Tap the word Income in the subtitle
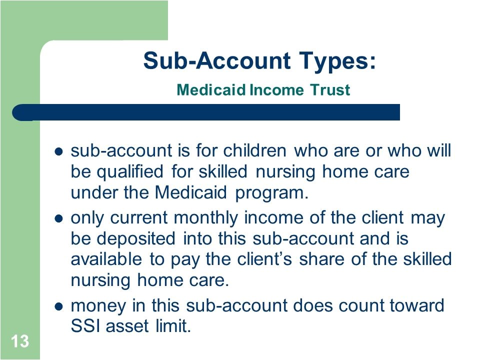point(276,90)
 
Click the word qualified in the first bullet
point(130,172)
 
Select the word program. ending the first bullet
point(272,193)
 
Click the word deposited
point(136,239)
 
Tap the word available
point(106,259)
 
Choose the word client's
point(265,259)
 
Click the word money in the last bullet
point(98,306)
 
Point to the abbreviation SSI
point(85,325)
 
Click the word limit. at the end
point(173,325)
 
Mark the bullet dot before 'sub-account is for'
point(58,151)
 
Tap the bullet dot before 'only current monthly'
point(58,218)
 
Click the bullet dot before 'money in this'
point(58,306)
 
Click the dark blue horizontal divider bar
point(206,112)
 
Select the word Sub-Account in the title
point(217,60)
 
